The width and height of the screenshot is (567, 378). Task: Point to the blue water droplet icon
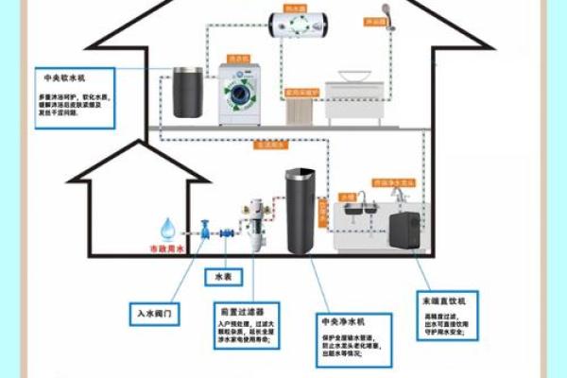[168, 228]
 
